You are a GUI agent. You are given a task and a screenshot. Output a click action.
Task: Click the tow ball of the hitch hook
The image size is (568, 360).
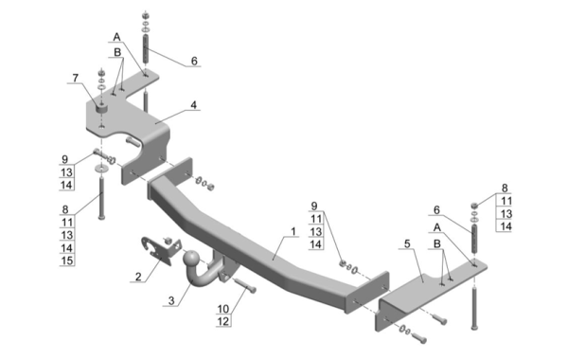(x=191, y=259)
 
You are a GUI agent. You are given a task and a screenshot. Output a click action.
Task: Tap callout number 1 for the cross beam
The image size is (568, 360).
(x=293, y=231)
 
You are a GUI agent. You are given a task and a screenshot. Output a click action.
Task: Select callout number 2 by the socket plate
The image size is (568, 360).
(x=138, y=277)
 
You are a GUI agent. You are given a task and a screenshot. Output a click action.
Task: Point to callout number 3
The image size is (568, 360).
(x=171, y=300)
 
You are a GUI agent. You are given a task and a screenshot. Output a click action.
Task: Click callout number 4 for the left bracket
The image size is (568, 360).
(x=194, y=105)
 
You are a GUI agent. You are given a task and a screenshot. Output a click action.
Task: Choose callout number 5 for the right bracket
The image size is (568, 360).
(x=407, y=243)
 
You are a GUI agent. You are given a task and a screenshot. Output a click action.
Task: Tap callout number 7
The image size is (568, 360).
(x=76, y=78)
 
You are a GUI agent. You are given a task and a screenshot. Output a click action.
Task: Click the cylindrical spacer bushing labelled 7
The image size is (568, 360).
(x=102, y=108)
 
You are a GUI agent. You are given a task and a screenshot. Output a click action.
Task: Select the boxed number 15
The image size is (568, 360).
(x=67, y=261)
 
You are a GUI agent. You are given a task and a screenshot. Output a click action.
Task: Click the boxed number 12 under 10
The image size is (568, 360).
(x=223, y=321)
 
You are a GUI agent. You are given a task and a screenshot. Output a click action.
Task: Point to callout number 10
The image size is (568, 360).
(x=223, y=309)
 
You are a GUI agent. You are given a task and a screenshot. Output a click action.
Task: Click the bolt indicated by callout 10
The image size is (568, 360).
(x=245, y=285)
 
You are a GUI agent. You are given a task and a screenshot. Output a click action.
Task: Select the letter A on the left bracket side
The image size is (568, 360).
(x=116, y=37)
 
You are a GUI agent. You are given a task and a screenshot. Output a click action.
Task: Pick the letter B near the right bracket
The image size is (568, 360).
(x=437, y=243)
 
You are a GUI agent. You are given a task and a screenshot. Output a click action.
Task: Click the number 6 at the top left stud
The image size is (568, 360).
(x=194, y=61)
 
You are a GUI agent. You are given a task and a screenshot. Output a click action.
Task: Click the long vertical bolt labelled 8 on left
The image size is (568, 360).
(x=101, y=196)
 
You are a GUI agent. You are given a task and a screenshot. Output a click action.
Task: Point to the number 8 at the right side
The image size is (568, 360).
(x=505, y=189)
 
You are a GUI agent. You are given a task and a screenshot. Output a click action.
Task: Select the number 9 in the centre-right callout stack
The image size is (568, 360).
(x=314, y=206)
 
